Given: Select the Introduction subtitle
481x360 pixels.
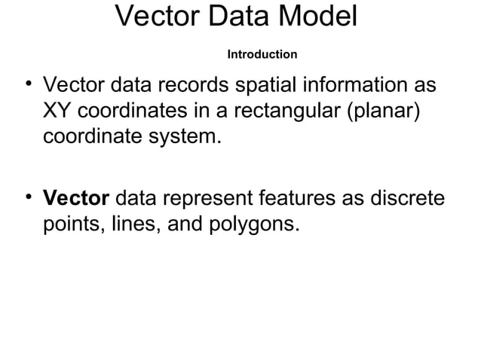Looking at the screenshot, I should point(262,55).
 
